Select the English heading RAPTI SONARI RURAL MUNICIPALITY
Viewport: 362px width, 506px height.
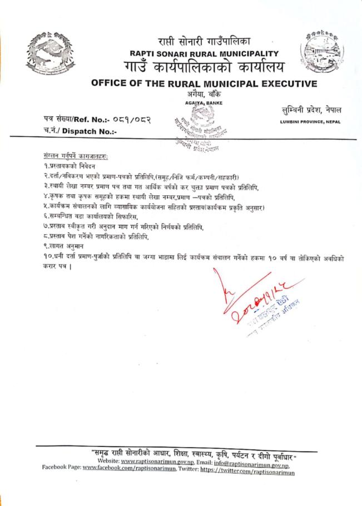pyautogui.click(x=204, y=54)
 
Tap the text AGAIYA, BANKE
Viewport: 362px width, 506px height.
pyautogui.click(x=202, y=103)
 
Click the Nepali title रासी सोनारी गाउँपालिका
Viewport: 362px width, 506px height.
pyautogui.click(x=204, y=41)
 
